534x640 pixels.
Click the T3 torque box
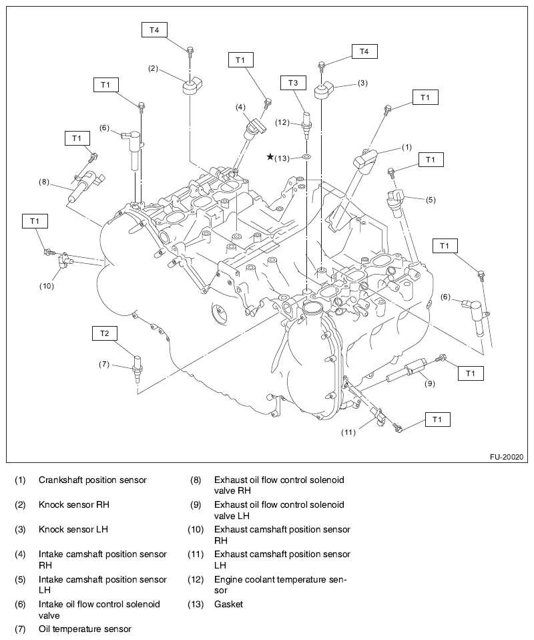[293, 82]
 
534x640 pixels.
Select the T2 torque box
[104, 332]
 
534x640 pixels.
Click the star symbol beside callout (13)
[270, 157]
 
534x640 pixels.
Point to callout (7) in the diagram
[104, 364]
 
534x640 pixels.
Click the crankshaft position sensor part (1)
[366, 161]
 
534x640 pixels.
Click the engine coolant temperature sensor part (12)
[306, 122]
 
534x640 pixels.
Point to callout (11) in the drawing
[350, 432]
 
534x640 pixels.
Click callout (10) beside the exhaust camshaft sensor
[47, 285]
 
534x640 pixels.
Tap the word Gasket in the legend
[228, 604]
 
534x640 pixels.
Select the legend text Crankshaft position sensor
[93, 480]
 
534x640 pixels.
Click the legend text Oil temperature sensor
[85, 629]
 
